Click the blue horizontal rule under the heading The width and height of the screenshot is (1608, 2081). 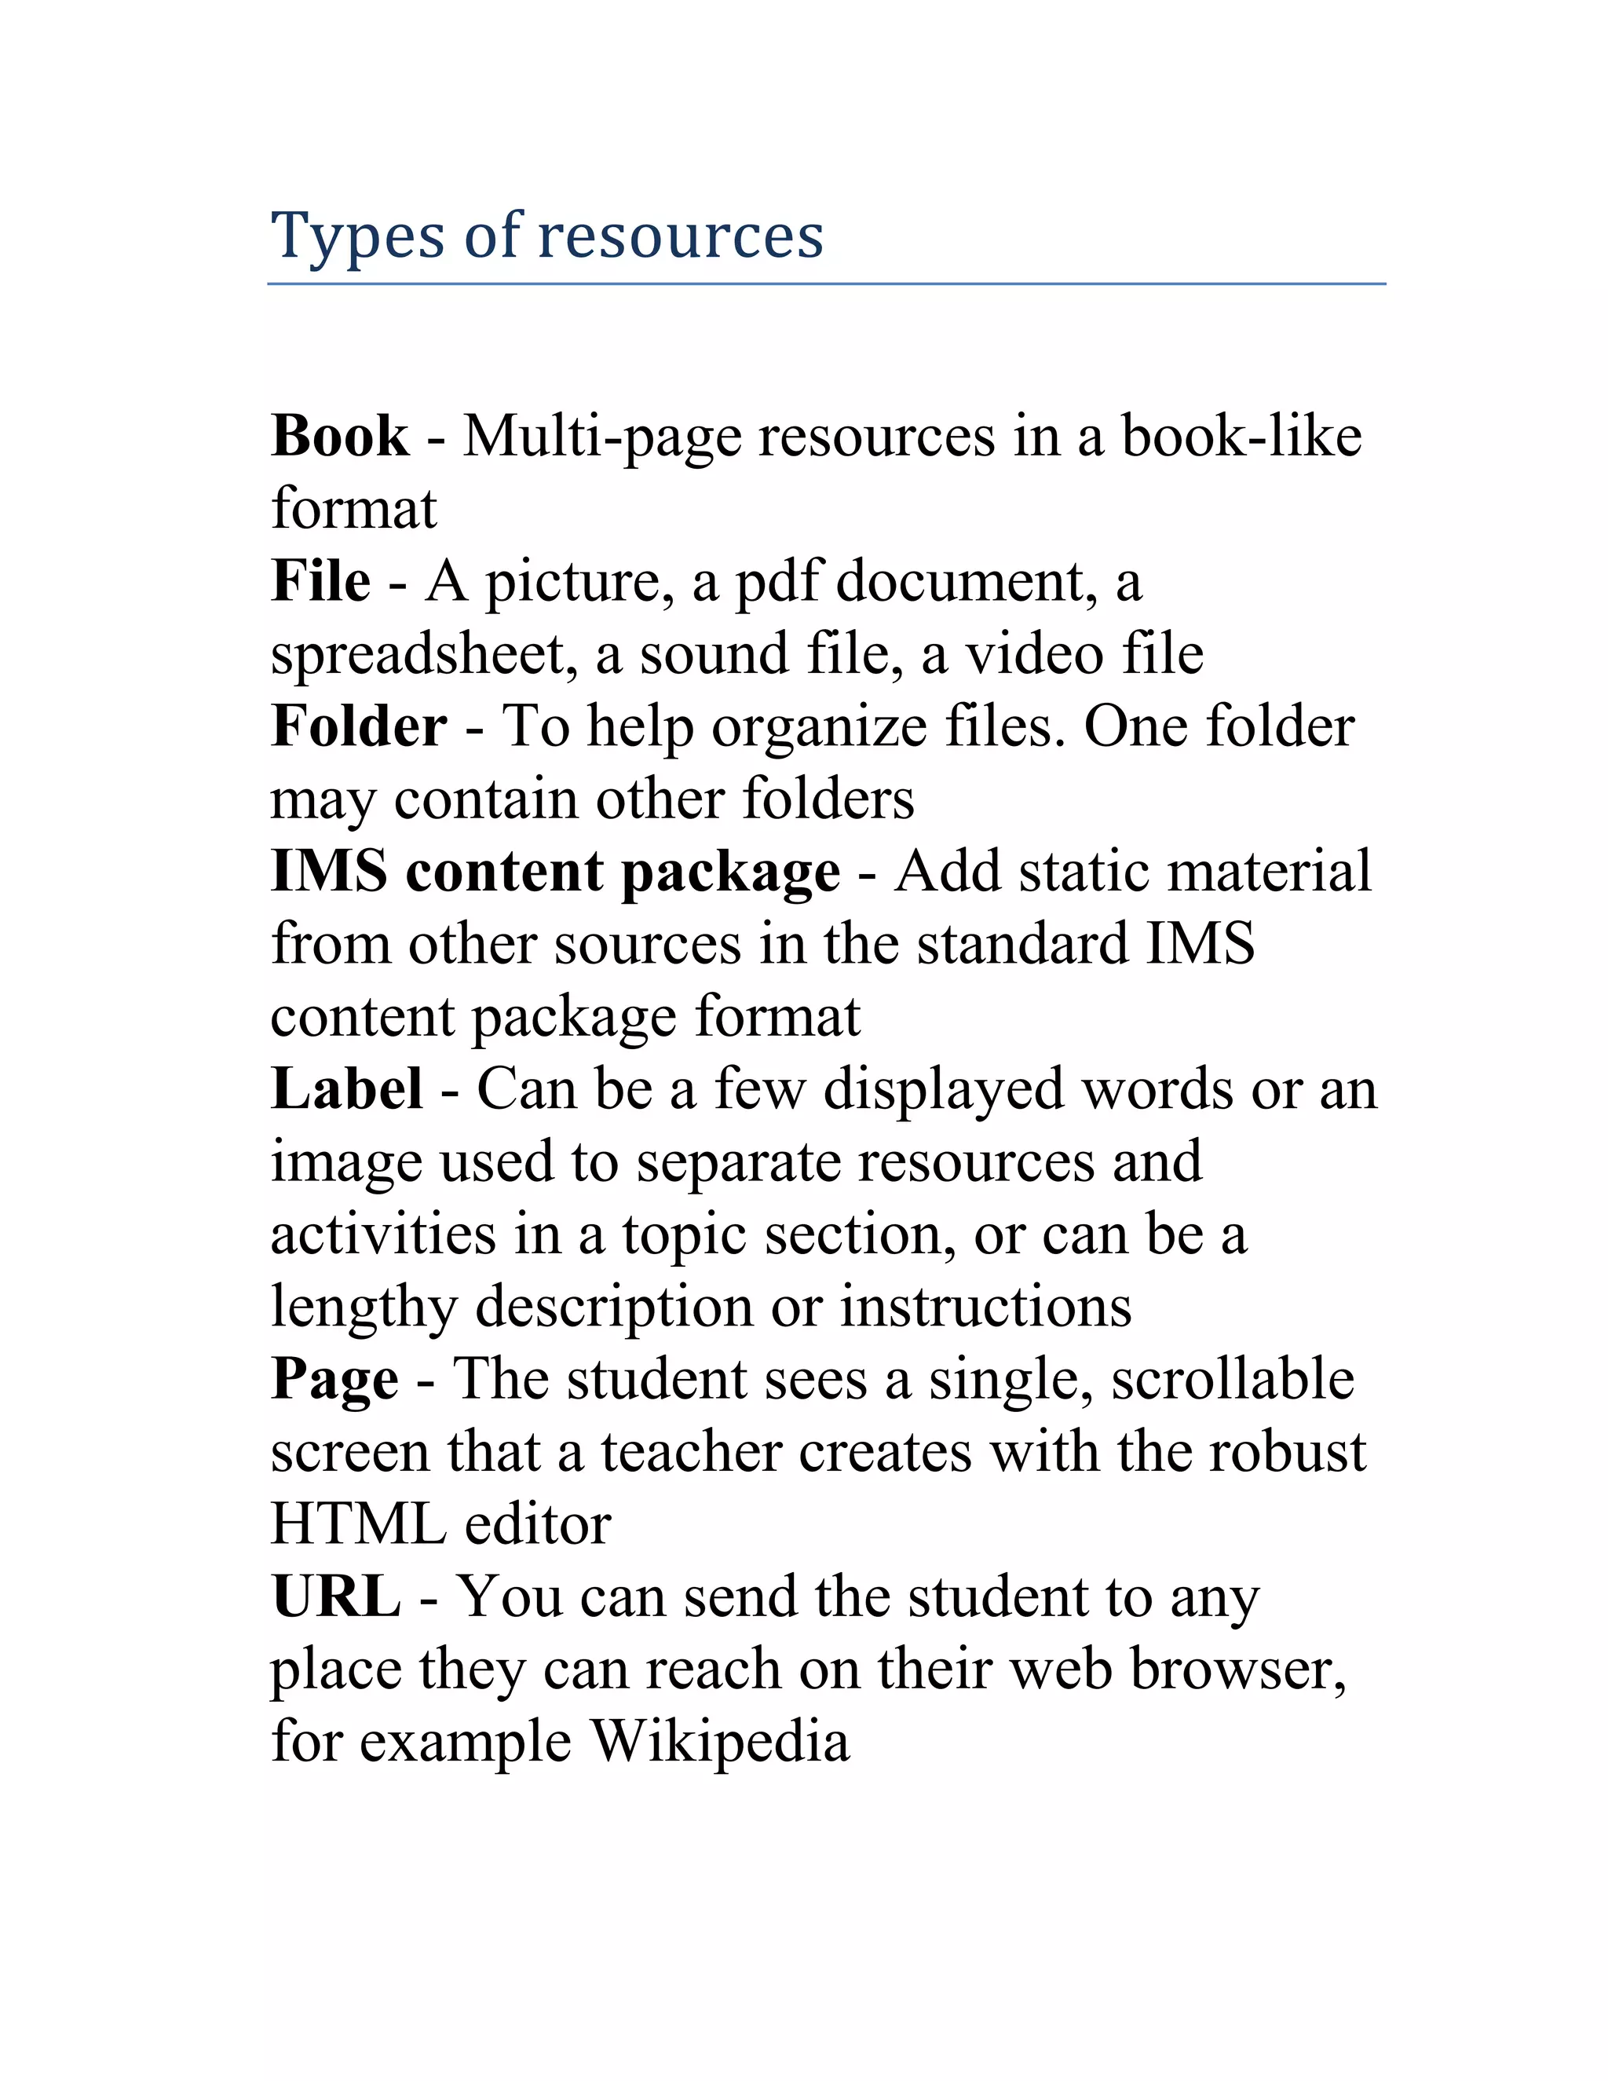[x=826, y=283]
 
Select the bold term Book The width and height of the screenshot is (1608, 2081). [x=340, y=437]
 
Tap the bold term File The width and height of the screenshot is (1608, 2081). [x=321, y=581]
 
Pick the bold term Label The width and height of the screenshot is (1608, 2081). [x=347, y=1089]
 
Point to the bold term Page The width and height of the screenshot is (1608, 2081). [x=334, y=1379]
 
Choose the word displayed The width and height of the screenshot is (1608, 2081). [x=943, y=1091]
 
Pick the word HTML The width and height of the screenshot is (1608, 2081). [x=358, y=1523]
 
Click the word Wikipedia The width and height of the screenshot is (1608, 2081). [x=720, y=1743]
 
